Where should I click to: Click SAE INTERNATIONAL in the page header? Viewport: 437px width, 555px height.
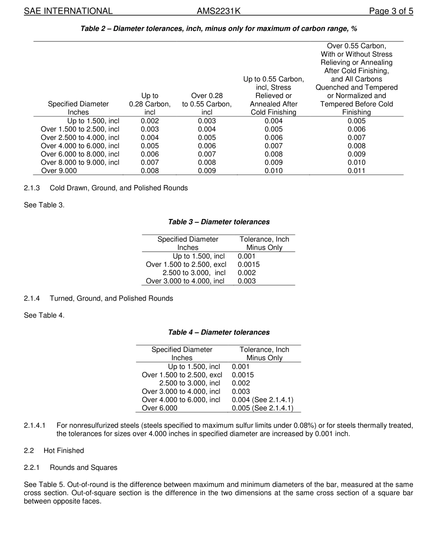(68, 11)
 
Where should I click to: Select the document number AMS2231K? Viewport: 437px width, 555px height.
(218, 11)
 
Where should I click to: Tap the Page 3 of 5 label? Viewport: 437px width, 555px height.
(391, 11)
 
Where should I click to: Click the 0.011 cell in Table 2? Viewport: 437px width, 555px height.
(356, 171)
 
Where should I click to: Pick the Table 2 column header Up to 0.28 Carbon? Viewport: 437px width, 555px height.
(150, 104)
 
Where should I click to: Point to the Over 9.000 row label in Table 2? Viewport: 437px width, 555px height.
(59, 171)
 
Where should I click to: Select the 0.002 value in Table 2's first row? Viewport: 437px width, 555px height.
(150, 121)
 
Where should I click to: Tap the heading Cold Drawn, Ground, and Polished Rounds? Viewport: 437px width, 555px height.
(119, 188)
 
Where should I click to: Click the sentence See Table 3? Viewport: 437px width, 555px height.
(44, 205)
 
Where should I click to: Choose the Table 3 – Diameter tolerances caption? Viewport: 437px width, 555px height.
(218, 222)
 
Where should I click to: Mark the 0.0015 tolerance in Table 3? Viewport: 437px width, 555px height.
(249, 265)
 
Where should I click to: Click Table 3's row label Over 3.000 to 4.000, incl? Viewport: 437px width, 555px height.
(185, 281)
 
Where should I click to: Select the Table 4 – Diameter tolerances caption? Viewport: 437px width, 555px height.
(218, 332)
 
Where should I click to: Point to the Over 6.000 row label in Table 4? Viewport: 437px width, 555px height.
(159, 408)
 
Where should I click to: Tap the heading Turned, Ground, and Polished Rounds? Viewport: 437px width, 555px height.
(111, 298)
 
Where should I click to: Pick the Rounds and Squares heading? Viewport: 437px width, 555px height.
(83, 468)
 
